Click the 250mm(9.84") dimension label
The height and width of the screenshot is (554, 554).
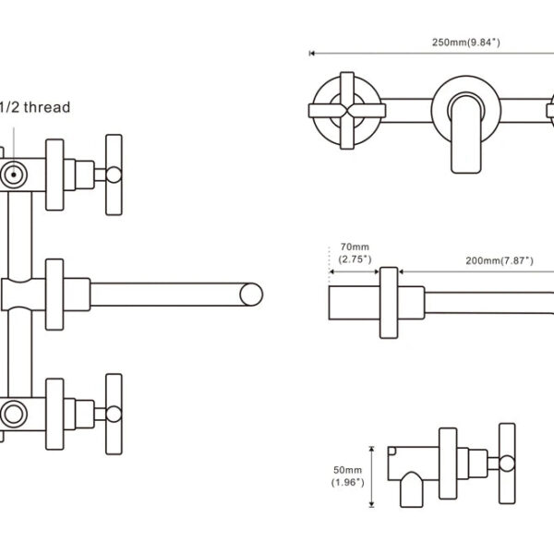coord(466,42)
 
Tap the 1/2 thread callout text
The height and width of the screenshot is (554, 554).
coord(34,107)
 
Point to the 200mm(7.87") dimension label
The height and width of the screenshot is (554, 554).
coord(500,260)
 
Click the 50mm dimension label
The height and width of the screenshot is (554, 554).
coord(348,476)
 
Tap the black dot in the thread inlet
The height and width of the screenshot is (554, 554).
coord(14,175)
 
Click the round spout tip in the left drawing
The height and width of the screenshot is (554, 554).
coord(251,295)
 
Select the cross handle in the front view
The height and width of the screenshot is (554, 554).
coord(347,111)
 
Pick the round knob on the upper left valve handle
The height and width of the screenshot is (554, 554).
coord(114,175)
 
